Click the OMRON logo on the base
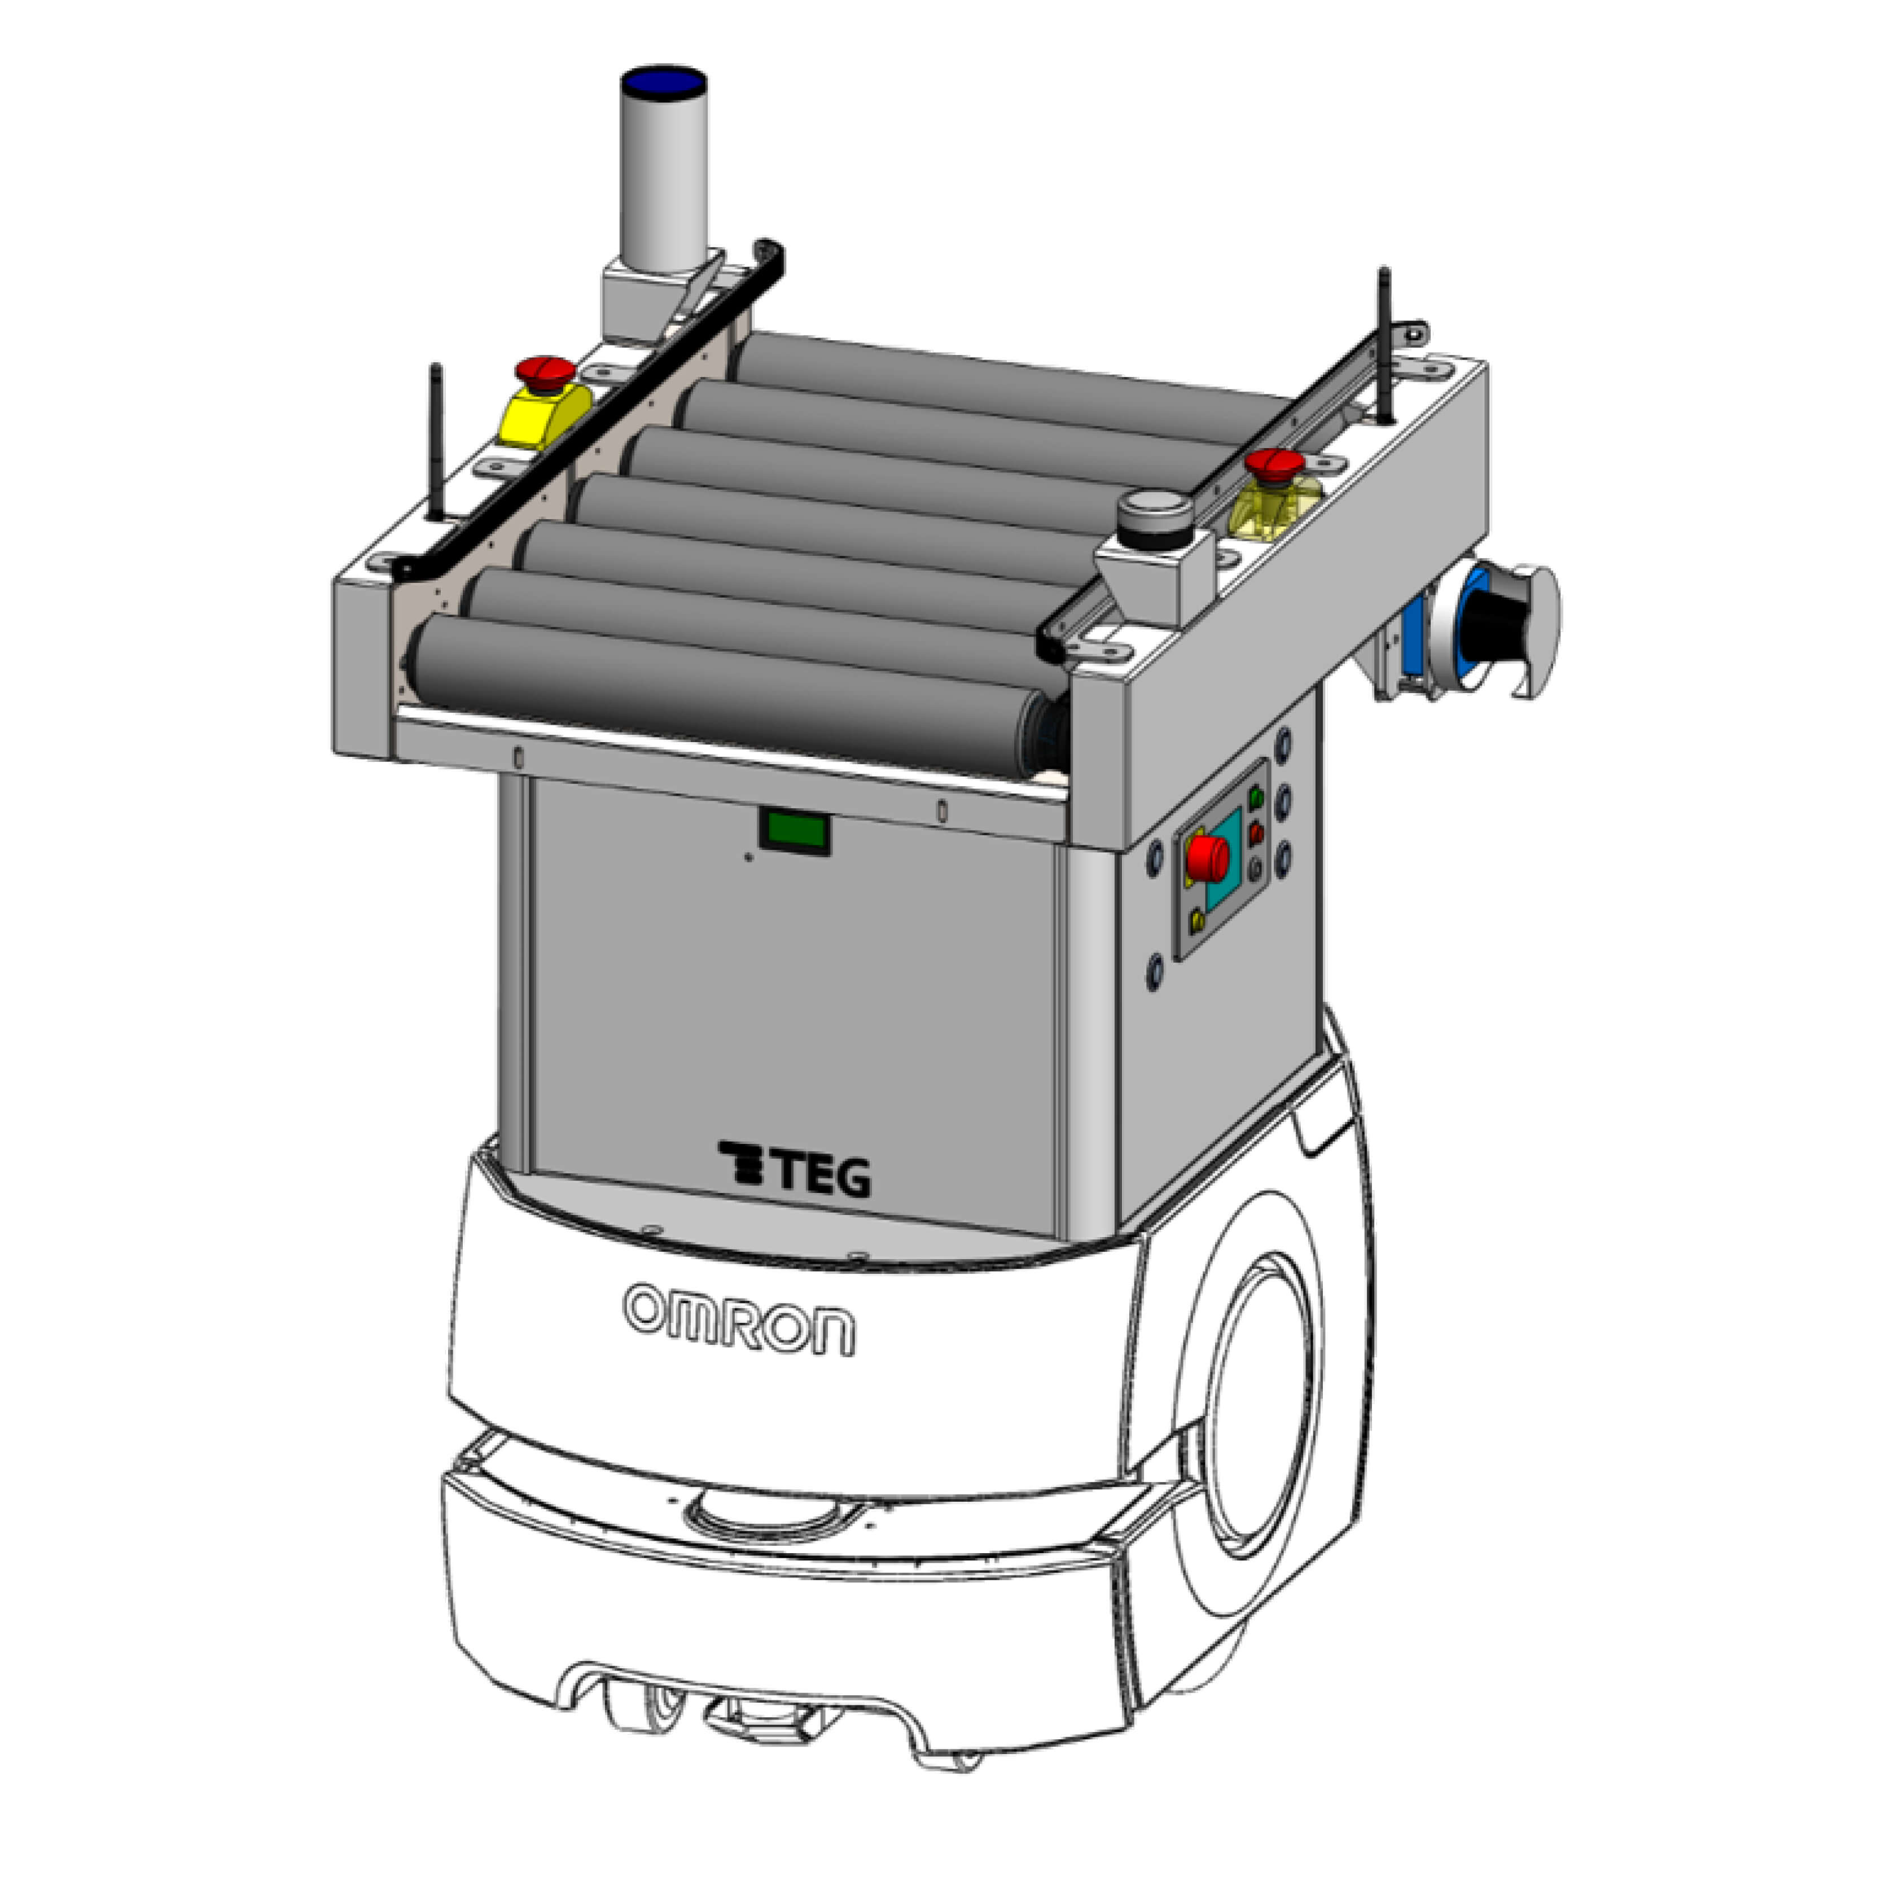pyautogui.click(x=740, y=1319)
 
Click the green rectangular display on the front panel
pyautogui.click(x=795, y=832)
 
